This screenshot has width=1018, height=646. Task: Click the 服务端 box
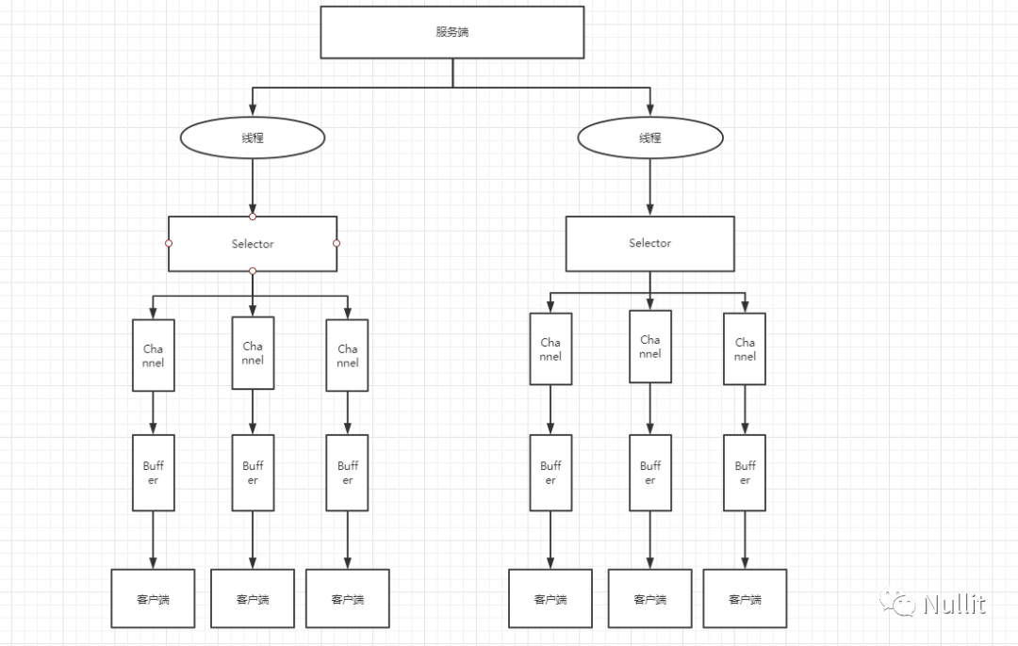(452, 32)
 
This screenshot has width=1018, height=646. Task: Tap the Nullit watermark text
(954, 605)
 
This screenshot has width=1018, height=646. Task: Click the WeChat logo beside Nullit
(897, 602)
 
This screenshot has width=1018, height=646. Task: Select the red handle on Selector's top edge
(253, 217)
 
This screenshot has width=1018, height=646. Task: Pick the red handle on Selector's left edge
(169, 243)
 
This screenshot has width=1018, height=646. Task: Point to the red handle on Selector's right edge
(337, 243)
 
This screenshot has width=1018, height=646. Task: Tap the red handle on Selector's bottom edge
(253, 271)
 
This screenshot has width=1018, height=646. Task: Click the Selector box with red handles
(253, 244)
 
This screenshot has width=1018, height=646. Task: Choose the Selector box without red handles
(649, 244)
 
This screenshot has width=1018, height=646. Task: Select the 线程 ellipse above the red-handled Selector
(253, 137)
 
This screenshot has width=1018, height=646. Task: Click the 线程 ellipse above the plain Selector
(649, 137)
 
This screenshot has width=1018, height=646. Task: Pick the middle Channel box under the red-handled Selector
(253, 353)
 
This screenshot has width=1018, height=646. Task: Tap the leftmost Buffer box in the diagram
(154, 473)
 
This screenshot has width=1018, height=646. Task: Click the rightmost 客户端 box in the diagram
(745, 599)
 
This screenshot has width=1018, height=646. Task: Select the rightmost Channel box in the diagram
(745, 349)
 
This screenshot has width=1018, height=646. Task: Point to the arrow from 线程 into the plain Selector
(649, 186)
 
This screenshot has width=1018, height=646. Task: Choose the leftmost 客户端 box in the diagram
(154, 599)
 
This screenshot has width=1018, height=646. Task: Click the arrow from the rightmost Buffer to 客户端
(745, 540)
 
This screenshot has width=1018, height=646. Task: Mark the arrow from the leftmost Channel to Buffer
(154, 412)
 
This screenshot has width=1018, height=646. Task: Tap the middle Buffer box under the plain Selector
(649, 473)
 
